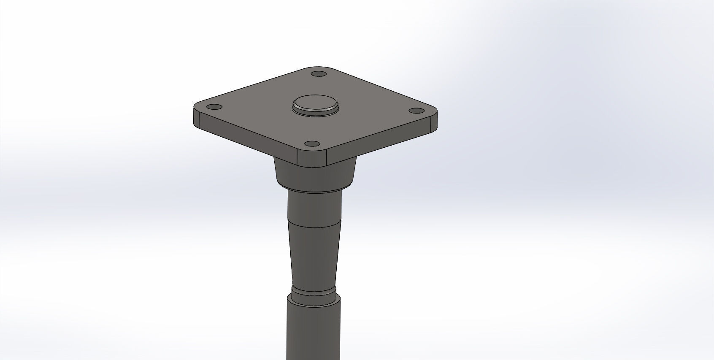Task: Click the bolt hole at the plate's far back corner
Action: [318, 74]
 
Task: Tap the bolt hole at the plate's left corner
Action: [215, 106]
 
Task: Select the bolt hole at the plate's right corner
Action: [417, 111]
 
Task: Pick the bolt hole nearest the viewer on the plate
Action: [312, 144]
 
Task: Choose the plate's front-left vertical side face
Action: [245, 139]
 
